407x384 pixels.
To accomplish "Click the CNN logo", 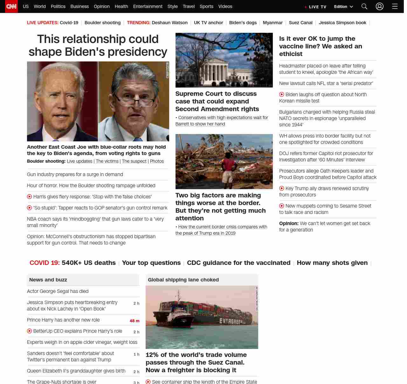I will (11, 6).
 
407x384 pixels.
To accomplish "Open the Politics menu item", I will (58, 6).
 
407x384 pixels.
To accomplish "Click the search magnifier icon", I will (364, 6).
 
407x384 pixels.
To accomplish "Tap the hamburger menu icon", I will (395, 6).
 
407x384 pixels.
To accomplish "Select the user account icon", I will (380, 6).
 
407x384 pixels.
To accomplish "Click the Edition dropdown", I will (343, 7).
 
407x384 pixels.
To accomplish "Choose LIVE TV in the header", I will (315, 7).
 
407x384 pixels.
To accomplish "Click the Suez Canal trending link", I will (300, 23).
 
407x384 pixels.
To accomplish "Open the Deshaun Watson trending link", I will (169, 23).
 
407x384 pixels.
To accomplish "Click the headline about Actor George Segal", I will (58, 291).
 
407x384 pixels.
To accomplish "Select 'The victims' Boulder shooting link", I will (107, 161).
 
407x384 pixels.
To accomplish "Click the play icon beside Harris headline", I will (30, 197).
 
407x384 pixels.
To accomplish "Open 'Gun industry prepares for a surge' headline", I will (75, 174).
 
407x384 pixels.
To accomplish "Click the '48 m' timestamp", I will (135, 321).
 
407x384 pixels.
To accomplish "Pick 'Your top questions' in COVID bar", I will (151, 263).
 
